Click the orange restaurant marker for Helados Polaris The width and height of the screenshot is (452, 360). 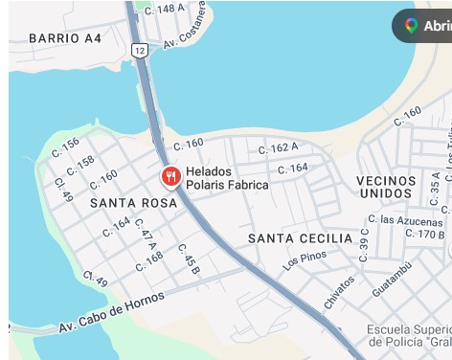coord(170,176)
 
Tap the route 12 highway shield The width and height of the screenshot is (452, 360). coord(140,50)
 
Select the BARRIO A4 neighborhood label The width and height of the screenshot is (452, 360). coord(65,38)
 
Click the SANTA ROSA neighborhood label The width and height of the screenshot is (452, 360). coord(134,203)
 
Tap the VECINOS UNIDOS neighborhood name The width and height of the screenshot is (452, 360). coord(386,187)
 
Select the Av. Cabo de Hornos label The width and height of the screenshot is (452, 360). coord(111,312)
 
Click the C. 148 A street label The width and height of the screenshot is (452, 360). coord(165,9)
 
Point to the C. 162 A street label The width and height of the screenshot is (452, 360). coord(279,147)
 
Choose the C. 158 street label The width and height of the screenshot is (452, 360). coord(79,164)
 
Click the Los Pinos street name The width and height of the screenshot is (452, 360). coord(304,259)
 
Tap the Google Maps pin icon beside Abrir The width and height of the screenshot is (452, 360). coord(411,26)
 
